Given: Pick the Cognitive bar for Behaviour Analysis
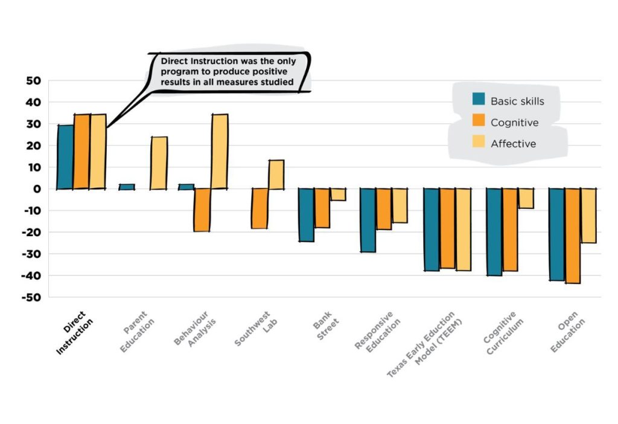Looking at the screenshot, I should click(202, 210).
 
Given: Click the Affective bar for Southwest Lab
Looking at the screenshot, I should click(276, 175).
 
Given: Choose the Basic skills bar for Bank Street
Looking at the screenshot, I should click(306, 215).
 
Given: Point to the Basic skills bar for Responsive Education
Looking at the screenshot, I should click(368, 220).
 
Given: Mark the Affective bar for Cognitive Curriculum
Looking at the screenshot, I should click(526, 198).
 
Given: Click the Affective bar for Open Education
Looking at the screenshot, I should click(588, 216).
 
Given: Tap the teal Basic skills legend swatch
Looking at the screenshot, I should click(479, 99).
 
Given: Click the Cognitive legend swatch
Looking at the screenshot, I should click(479, 121).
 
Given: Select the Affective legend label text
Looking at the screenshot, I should click(513, 144).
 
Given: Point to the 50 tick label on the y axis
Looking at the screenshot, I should click(33, 81).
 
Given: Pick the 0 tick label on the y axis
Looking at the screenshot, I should click(37, 189).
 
